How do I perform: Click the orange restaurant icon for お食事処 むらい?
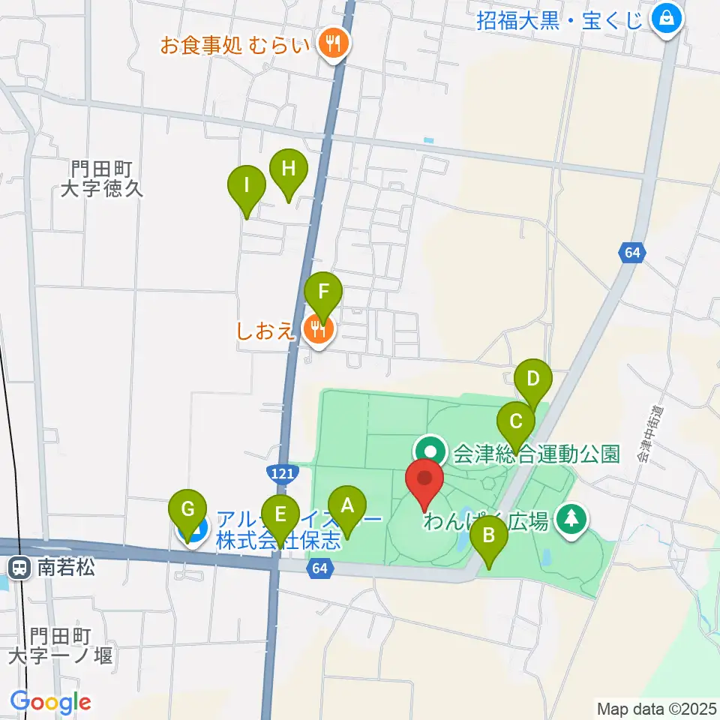pos(332,43)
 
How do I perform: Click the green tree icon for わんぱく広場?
pos(571,517)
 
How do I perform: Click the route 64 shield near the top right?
pos(632,253)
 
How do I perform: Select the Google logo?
pos(50,701)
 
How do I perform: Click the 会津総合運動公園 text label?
pos(537,454)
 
